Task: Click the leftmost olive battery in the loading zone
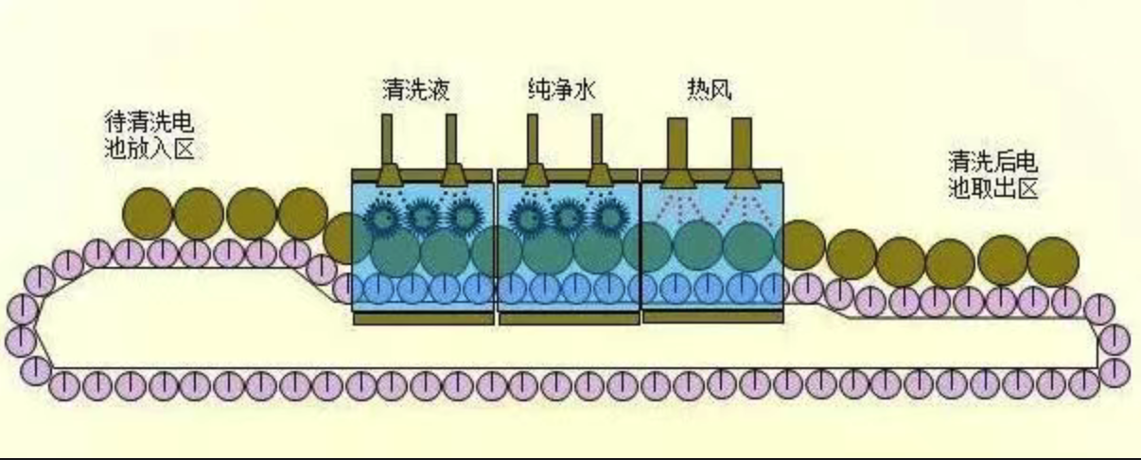pyautogui.click(x=148, y=213)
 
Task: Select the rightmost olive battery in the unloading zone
pyautogui.click(x=1052, y=259)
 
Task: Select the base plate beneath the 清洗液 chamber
pyautogui.click(x=423, y=319)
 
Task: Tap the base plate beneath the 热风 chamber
pyautogui.click(x=712, y=317)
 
